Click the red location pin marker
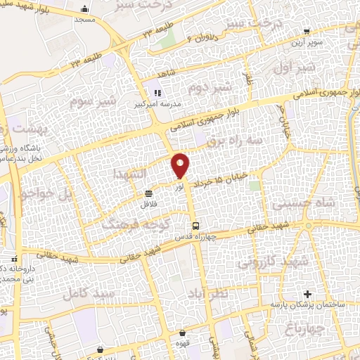(x=181, y=165)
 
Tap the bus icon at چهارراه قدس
(x=197, y=226)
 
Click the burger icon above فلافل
(x=148, y=193)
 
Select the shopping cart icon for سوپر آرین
(x=307, y=31)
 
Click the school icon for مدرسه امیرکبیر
(x=157, y=92)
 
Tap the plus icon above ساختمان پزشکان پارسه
(x=305, y=292)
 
